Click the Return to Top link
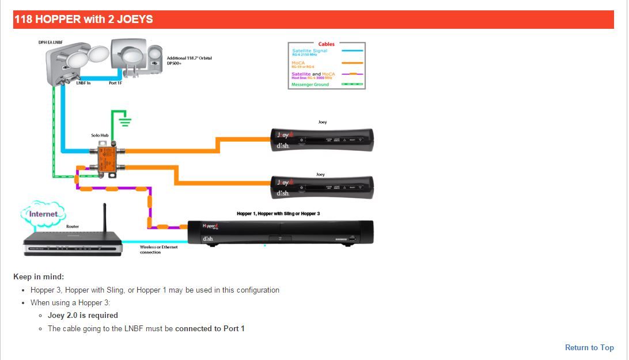point(589,347)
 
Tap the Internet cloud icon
point(44,214)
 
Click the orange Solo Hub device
point(107,159)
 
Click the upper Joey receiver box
point(322,140)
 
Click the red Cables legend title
point(326,44)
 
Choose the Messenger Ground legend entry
point(310,85)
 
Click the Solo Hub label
point(100,135)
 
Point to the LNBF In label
point(84,83)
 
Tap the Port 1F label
point(115,83)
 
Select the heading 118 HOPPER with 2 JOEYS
point(84,19)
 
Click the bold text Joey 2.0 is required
point(83,315)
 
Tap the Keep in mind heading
point(39,276)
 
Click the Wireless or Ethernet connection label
point(158,249)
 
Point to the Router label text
point(73,226)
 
